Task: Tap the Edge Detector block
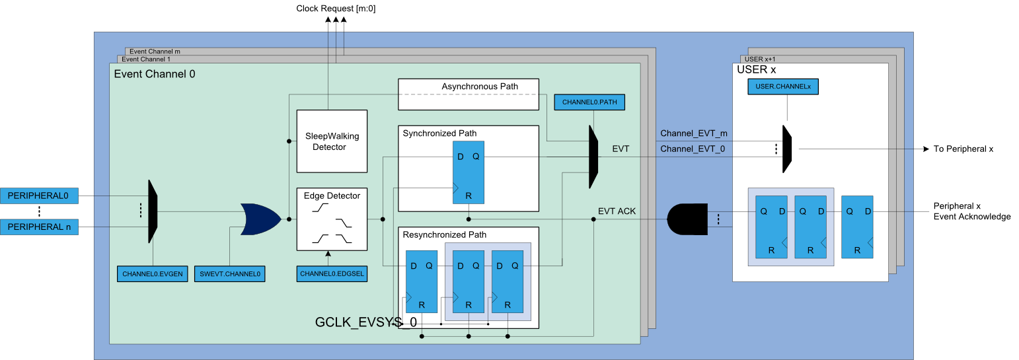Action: pos(332,219)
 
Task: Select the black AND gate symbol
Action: pos(687,219)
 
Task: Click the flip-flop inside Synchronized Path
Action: pos(469,172)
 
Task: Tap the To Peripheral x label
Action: pos(963,149)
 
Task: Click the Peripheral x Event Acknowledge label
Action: pos(971,211)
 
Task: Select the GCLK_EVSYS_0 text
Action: pos(366,322)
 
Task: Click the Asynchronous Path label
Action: pos(480,87)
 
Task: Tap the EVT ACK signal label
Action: pos(617,211)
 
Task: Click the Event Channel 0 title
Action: pos(155,74)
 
